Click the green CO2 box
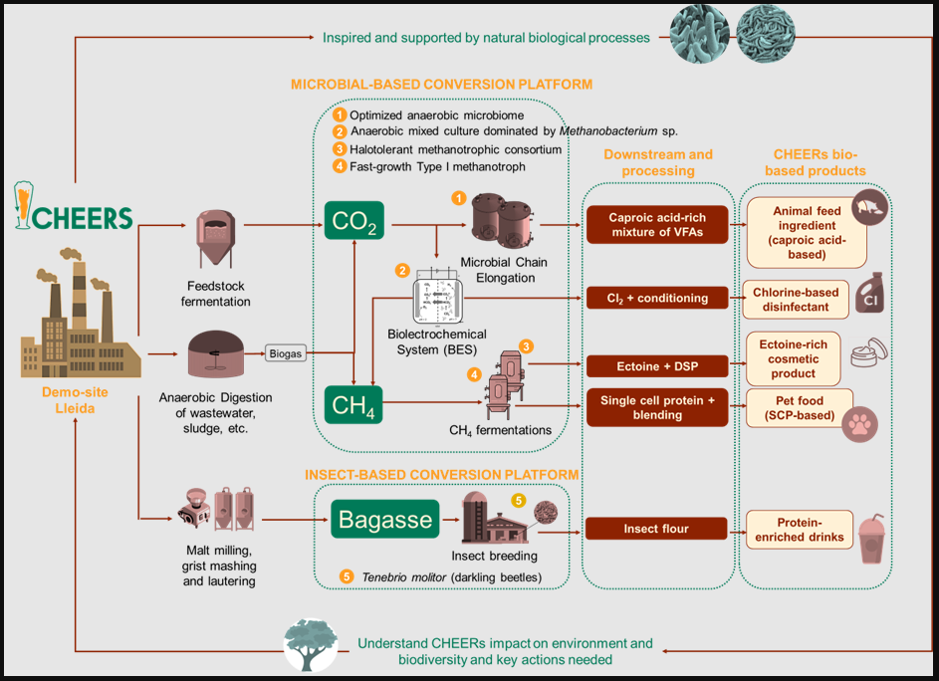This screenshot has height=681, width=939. click(353, 220)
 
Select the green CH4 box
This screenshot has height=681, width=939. click(353, 404)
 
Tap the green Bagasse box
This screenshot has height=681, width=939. click(385, 519)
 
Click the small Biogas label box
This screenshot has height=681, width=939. click(286, 353)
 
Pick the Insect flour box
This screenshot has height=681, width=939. click(656, 529)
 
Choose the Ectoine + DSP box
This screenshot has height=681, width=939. click(657, 366)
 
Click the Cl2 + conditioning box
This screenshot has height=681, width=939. click(657, 298)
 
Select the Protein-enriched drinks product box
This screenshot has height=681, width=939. click(800, 530)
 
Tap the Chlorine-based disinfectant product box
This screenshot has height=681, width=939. click(796, 300)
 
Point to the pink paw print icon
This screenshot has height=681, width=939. click(860, 425)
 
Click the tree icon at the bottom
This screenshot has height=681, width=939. click(311, 644)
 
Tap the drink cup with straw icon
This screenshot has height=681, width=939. click(871, 539)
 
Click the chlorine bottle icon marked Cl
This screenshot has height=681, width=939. click(869, 293)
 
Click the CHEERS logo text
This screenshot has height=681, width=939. click(82, 218)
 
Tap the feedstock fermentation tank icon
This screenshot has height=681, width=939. click(216, 238)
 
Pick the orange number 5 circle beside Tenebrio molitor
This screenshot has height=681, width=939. click(347, 576)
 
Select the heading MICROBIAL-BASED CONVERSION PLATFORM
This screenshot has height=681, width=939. click(441, 85)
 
